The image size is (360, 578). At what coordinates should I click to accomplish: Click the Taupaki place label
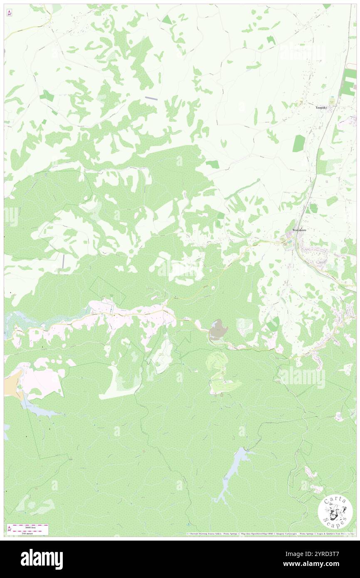click(321, 107)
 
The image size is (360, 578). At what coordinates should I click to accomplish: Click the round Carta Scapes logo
click(335, 512)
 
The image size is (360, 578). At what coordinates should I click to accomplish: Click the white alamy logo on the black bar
click(42, 559)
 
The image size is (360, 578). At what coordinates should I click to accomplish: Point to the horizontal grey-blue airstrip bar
click(151, 98)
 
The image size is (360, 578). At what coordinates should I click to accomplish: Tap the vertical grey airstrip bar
click(63, 261)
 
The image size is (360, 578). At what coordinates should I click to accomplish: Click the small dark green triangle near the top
click(167, 20)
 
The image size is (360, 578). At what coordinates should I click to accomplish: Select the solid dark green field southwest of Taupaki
click(298, 143)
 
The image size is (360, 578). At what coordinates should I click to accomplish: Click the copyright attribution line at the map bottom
click(270, 534)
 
